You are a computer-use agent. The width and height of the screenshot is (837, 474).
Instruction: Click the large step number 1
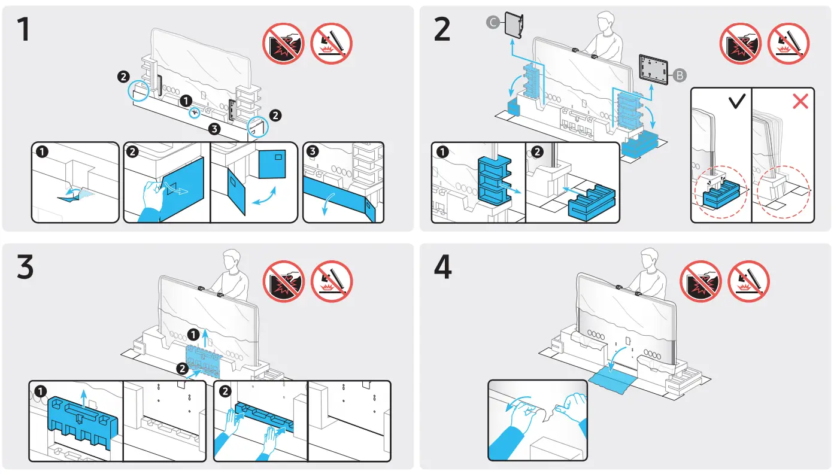(23, 30)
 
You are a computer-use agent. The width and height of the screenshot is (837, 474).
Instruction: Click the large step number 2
(441, 30)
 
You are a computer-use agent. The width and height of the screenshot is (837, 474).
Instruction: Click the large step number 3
(24, 268)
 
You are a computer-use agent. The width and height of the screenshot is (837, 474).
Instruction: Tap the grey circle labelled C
(492, 23)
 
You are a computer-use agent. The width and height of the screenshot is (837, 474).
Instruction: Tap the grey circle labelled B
(680, 76)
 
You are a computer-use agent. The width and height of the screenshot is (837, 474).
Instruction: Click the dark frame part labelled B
(654, 68)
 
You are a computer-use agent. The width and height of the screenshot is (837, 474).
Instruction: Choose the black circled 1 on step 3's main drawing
(192, 334)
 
